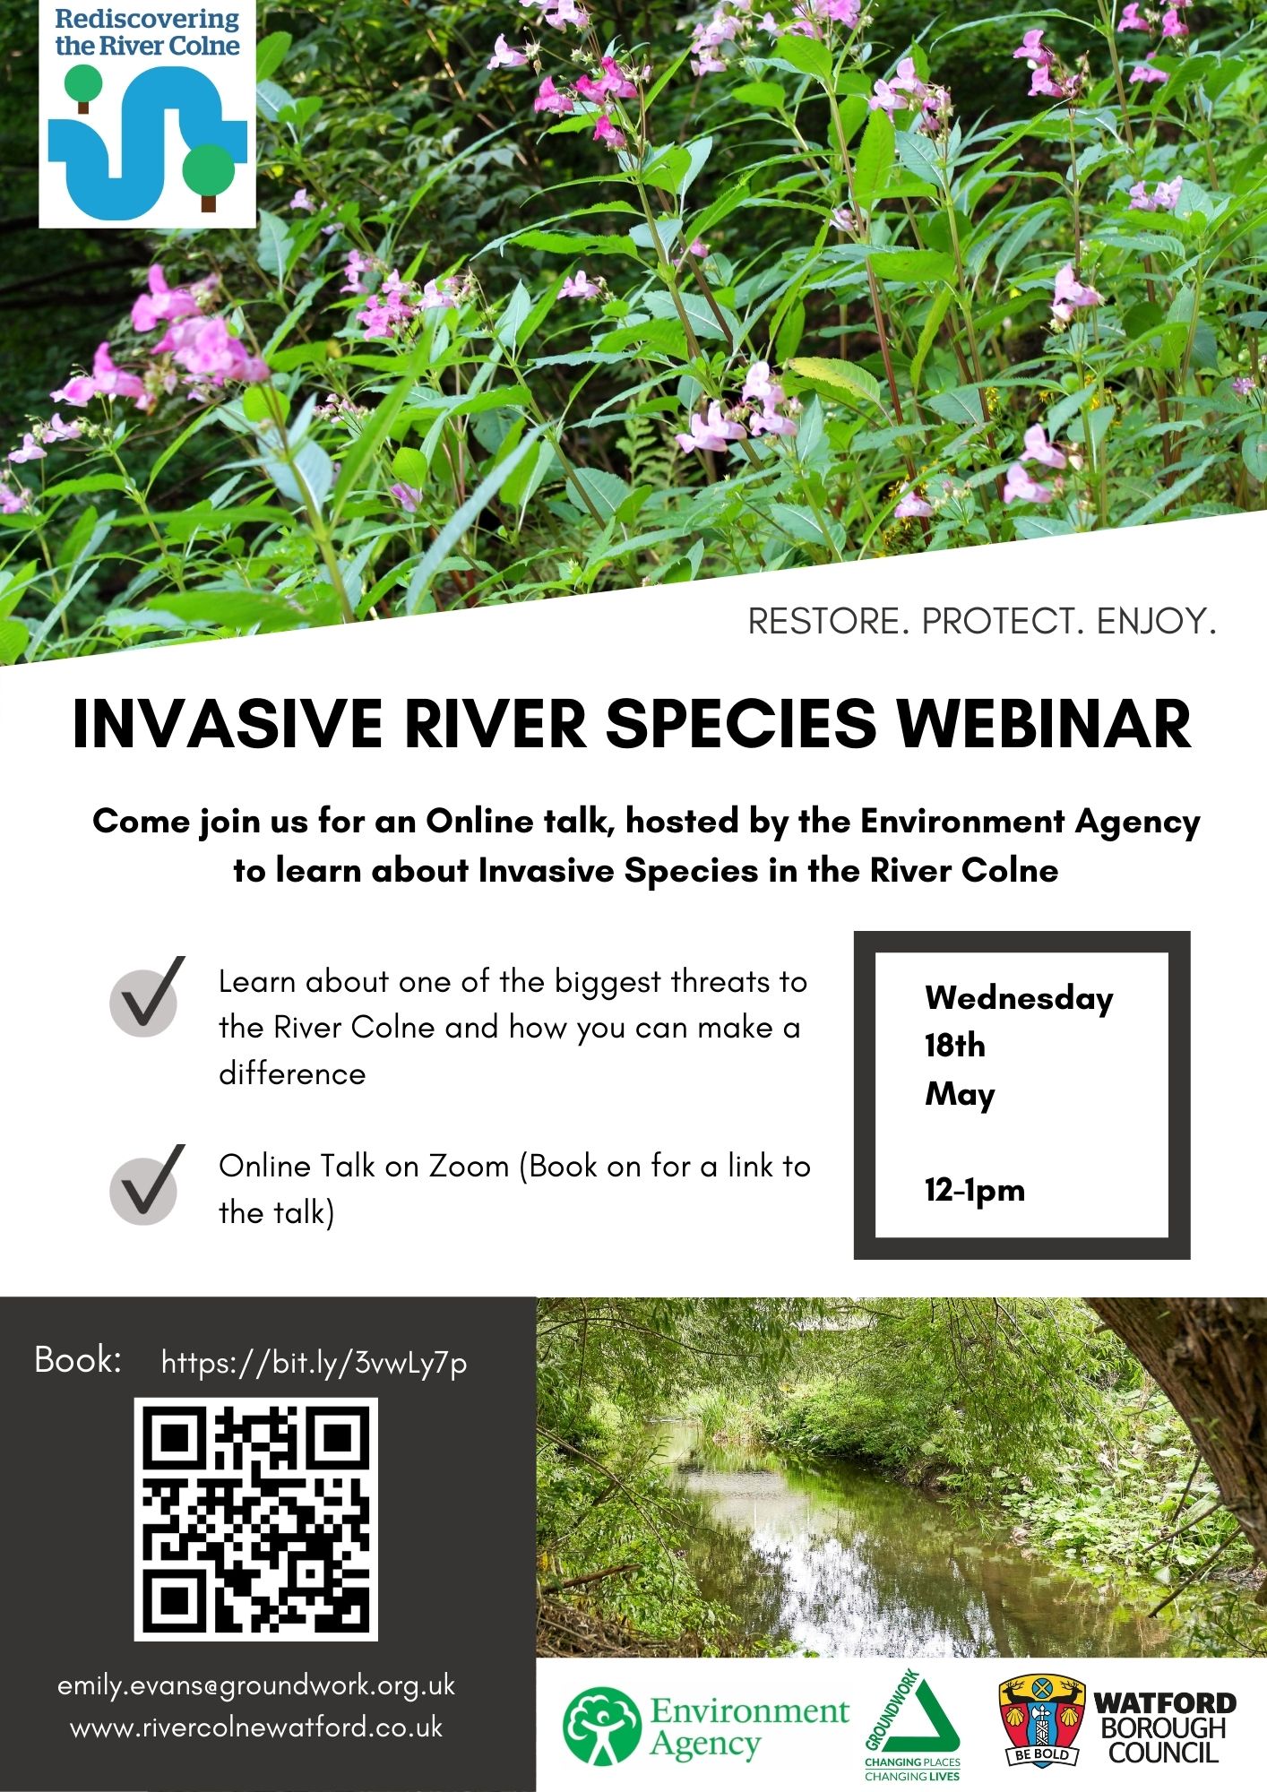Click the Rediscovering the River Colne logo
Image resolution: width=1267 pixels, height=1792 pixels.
click(x=148, y=113)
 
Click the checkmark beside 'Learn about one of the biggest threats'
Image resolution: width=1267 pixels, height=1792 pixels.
click(x=147, y=997)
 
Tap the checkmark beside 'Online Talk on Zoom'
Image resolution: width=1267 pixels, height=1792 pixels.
click(x=147, y=1185)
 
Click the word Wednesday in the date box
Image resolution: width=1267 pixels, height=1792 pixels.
click(x=1019, y=999)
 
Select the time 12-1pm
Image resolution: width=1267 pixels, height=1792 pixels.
click(x=975, y=1191)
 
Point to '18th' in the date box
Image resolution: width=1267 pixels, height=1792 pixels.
click(x=955, y=1046)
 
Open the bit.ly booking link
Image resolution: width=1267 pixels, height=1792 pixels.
click(x=315, y=1363)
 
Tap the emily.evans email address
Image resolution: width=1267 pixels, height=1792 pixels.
click(x=256, y=1685)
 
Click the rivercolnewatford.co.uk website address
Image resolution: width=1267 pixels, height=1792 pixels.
click(x=256, y=1727)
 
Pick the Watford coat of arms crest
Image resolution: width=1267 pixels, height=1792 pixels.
click(x=1041, y=1720)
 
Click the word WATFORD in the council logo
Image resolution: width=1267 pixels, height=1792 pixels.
click(x=1165, y=1702)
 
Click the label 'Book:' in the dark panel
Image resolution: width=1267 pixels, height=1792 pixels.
click(x=78, y=1360)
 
